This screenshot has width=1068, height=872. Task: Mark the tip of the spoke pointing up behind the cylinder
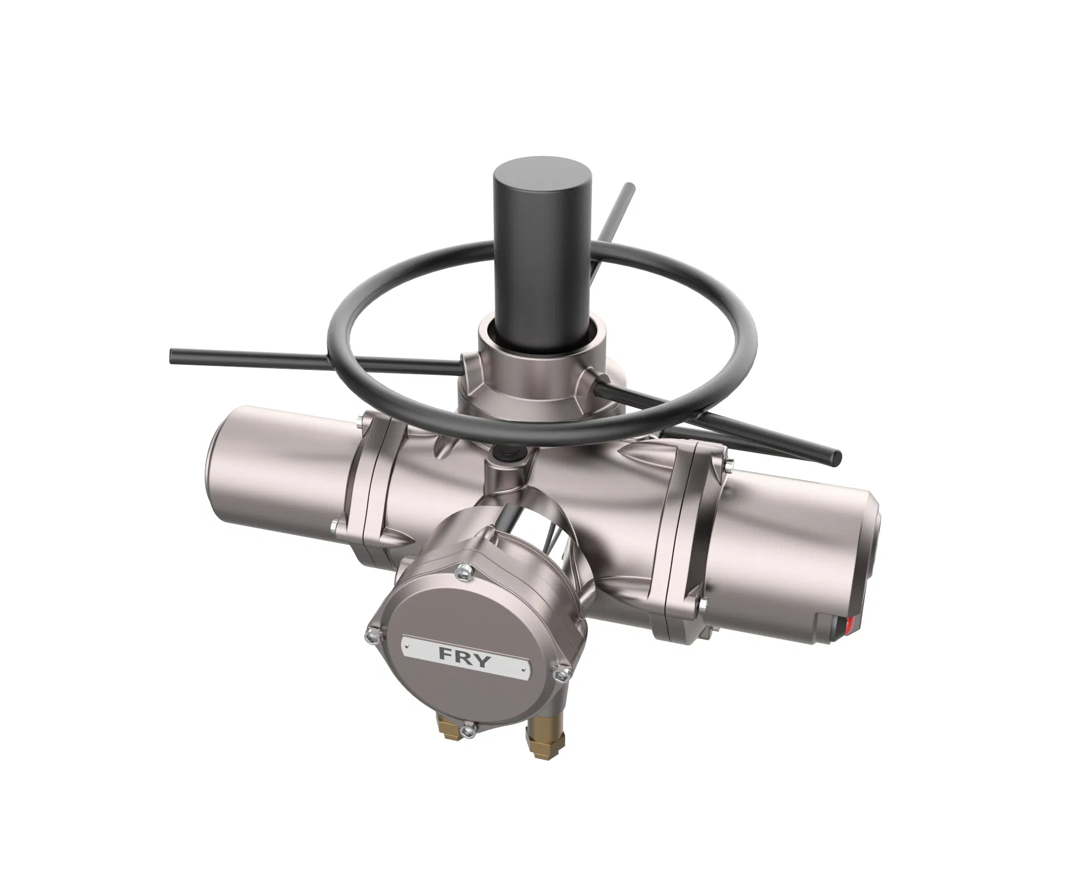point(629,186)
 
